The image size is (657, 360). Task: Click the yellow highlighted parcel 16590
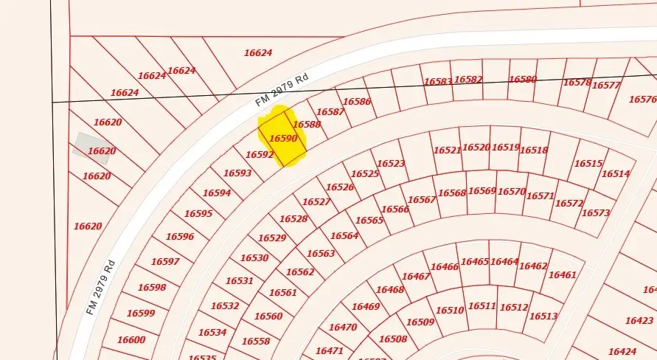point(282,137)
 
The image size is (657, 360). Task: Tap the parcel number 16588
point(307,125)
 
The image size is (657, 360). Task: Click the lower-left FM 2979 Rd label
point(100,287)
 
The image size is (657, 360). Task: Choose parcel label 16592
point(260,155)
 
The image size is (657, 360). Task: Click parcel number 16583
point(437,81)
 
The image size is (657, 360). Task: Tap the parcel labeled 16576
point(642,99)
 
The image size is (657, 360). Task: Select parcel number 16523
point(391,164)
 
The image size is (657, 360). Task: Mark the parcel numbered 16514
point(616,174)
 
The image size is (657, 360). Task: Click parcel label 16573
point(596,213)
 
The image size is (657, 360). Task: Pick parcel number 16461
point(563,275)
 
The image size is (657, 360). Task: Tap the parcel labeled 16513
point(543,316)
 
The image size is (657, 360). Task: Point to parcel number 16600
point(131,340)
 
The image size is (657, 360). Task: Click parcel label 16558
point(256,342)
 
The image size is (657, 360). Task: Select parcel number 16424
point(622,352)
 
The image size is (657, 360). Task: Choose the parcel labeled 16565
point(369,221)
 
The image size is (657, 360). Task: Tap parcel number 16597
point(165,262)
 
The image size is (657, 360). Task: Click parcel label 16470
point(343,327)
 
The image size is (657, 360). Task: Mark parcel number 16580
point(523,79)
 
